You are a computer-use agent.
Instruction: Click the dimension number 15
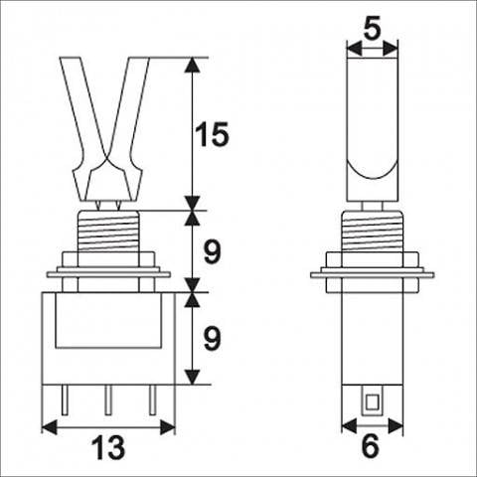[x=212, y=134]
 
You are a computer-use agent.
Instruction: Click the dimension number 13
[x=108, y=448]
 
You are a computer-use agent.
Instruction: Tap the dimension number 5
[x=372, y=28]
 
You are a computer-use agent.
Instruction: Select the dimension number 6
[x=371, y=446]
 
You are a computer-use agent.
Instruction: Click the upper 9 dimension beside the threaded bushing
[x=212, y=252]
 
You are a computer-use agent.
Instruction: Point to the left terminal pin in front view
[x=65, y=399]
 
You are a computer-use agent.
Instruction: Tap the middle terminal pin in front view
[x=108, y=399]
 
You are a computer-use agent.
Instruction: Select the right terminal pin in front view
[x=152, y=399]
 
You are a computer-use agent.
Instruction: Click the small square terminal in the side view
[x=372, y=401]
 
